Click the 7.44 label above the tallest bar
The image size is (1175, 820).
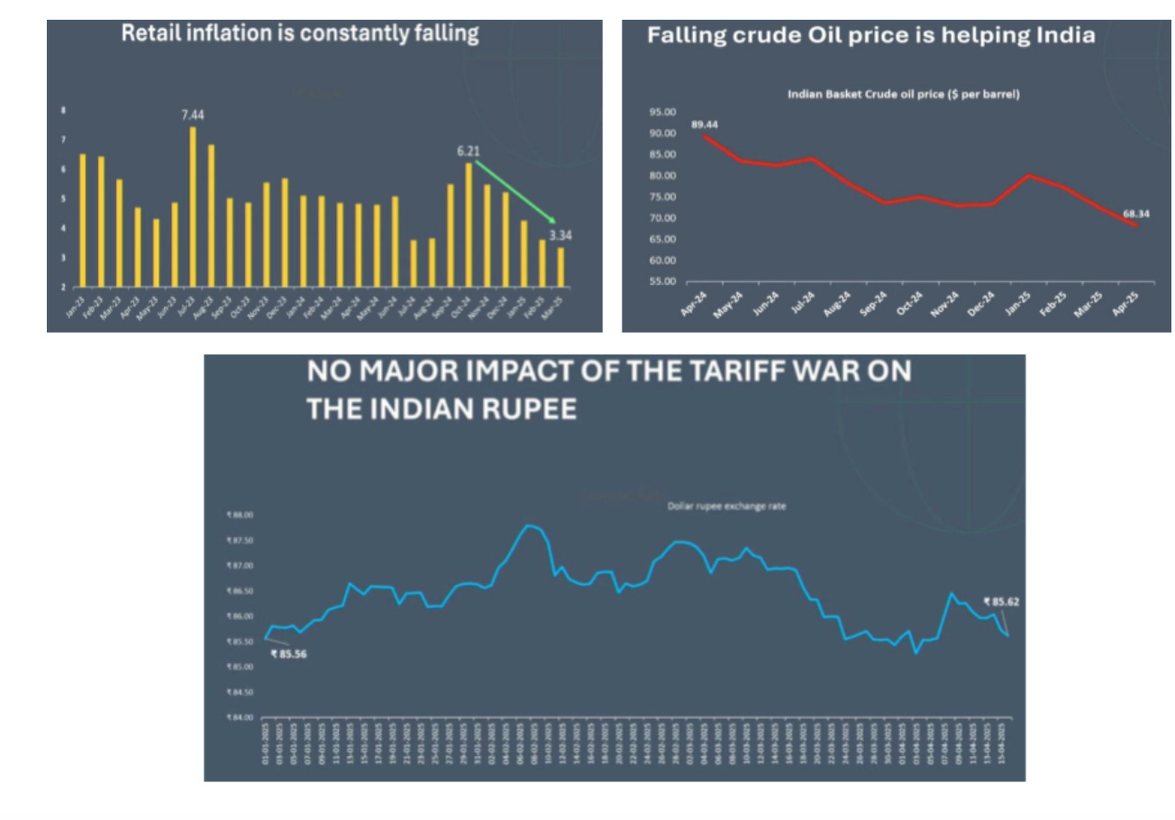tap(193, 115)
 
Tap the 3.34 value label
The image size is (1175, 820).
tap(560, 235)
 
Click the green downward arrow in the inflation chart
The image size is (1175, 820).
tap(515, 192)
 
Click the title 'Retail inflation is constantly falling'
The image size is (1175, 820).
tap(300, 34)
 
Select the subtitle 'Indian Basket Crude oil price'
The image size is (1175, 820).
tap(905, 94)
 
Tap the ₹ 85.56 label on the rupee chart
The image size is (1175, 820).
tap(288, 653)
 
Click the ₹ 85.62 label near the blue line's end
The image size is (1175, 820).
tap(1000, 601)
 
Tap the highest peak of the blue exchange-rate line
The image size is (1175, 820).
tap(529, 524)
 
